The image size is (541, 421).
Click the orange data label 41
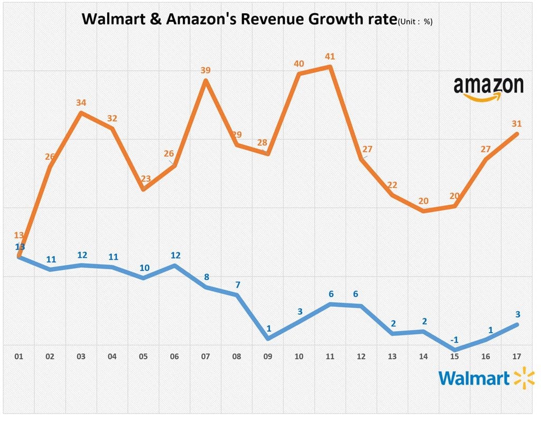pyautogui.click(x=330, y=56)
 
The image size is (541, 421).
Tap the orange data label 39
pyautogui.click(x=206, y=70)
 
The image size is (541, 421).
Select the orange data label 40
pyautogui.click(x=299, y=63)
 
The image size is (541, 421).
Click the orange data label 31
pyautogui.click(x=517, y=124)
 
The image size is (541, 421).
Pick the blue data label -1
pyautogui.click(x=454, y=339)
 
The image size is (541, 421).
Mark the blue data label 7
pyautogui.click(x=238, y=285)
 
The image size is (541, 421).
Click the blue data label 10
pyautogui.click(x=145, y=268)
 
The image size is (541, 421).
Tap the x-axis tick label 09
pyautogui.click(x=268, y=356)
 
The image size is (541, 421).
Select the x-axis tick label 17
pyautogui.click(x=517, y=356)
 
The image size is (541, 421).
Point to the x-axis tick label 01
pyautogui.click(x=19, y=356)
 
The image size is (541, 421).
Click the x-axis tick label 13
pyautogui.click(x=392, y=356)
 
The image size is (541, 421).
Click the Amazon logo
pyautogui.click(x=488, y=88)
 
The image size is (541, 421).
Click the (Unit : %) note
pyautogui.click(x=415, y=22)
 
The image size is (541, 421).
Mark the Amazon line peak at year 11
pyautogui.click(x=330, y=67)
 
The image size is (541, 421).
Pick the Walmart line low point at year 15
pyautogui.click(x=454, y=350)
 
